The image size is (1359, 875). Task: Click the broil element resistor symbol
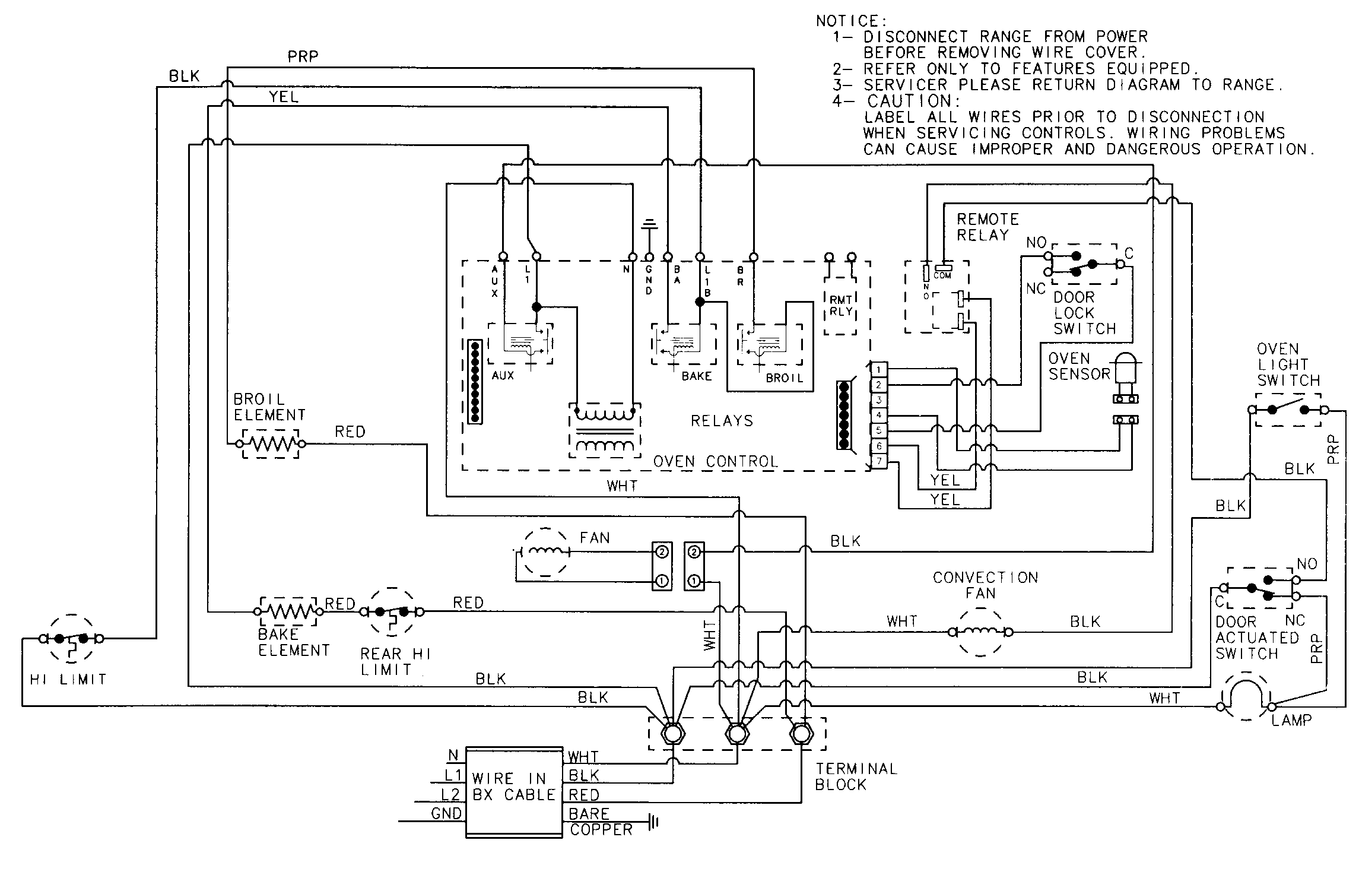[x=271, y=443]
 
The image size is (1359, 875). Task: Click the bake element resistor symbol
[x=288, y=611]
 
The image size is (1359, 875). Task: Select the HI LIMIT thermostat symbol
[x=71, y=639]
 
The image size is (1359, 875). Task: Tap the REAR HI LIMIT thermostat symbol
[x=391, y=611]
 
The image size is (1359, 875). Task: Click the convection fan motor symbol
[x=980, y=633]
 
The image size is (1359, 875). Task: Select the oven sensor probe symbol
[x=1125, y=374]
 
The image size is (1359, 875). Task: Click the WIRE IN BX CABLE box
[x=514, y=792]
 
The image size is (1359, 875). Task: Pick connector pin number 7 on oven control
[x=879, y=461]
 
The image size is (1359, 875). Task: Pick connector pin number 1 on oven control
[x=879, y=370]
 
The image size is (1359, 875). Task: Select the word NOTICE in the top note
[x=851, y=21]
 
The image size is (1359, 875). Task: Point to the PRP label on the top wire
[x=303, y=57]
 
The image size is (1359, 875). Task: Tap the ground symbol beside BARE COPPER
[x=654, y=822]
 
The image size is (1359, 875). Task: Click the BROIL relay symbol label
[x=784, y=378]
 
